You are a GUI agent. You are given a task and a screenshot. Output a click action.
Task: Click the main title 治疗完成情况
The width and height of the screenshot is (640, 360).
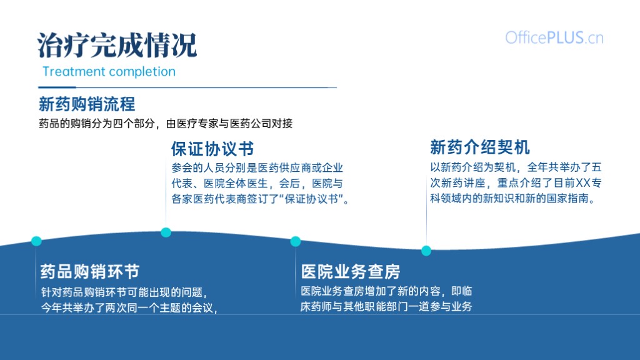117,45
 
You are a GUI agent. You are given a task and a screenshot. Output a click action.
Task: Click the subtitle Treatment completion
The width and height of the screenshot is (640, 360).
109,71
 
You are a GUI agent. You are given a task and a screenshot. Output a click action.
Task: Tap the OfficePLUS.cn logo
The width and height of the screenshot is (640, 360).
554,38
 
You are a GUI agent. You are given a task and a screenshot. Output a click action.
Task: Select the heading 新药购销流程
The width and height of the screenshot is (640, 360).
87,104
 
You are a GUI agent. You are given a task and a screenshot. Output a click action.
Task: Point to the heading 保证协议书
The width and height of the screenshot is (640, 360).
212,149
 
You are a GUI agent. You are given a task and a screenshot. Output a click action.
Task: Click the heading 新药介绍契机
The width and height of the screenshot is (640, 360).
480,147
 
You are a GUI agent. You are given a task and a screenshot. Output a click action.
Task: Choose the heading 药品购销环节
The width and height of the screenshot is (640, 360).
90,271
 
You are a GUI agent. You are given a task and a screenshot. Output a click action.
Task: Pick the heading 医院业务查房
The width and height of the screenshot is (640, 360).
351,271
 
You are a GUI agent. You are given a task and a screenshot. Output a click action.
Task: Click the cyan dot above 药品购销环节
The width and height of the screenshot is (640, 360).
36,241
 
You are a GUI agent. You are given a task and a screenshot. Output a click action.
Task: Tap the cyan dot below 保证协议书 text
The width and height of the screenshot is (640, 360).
166,232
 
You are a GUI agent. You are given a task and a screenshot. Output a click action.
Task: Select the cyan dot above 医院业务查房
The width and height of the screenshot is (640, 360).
296,242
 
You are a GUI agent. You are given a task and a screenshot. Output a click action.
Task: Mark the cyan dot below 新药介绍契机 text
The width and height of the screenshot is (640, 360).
426,251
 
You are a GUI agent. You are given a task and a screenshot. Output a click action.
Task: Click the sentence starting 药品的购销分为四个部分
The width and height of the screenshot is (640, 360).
166,124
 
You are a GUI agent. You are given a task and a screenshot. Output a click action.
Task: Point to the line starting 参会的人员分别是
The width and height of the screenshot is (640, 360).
257,167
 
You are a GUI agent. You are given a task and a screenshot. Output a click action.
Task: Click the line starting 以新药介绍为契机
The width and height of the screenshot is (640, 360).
516,167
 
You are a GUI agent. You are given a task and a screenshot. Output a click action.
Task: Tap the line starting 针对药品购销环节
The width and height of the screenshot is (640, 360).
125,292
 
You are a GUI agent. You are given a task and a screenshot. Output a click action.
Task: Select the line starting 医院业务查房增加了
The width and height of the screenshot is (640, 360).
386,291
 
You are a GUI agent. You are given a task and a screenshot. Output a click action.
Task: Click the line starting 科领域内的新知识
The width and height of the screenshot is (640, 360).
513,198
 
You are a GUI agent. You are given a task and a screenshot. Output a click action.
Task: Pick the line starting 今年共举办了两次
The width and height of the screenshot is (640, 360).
129,307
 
